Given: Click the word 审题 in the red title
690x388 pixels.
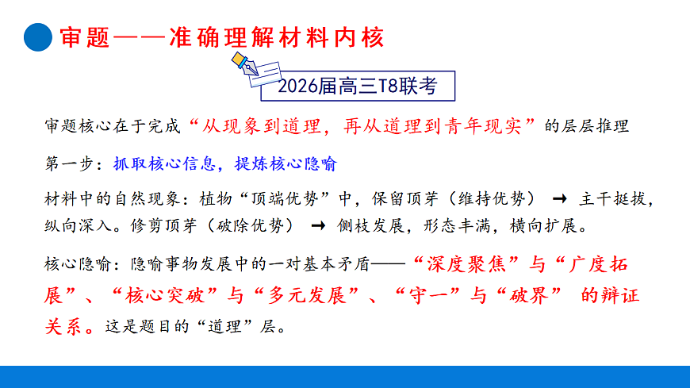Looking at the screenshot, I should (x=81, y=37).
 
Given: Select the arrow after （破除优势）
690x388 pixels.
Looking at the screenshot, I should (x=318, y=225).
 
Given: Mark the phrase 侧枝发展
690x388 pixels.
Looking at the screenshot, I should (x=366, y=225).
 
